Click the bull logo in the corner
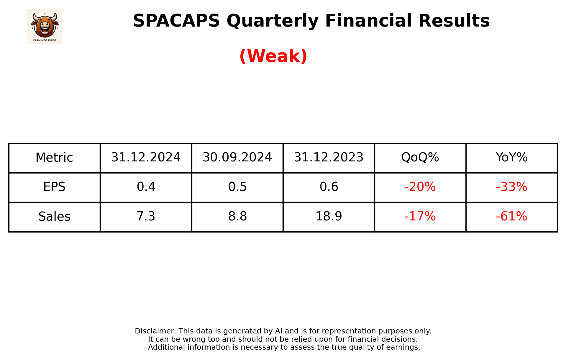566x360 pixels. point(44,26)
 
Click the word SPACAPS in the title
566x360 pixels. point(176,21)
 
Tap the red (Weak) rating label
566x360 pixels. point(273,56)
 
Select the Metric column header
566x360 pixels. point(54,158)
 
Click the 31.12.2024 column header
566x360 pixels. point(146,158)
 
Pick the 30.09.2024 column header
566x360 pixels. point(237,158)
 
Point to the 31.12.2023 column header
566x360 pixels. point(329,158)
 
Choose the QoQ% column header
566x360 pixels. point(420,158)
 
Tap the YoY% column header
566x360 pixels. point(511,158)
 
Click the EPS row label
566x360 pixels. point(54,187)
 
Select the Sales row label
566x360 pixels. point(54,217)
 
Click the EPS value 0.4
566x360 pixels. point(146,187)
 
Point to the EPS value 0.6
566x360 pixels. point(329,187)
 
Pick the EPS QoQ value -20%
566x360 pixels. point(420,187)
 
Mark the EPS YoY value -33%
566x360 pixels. point(511,187)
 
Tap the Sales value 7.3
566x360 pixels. point(146,217)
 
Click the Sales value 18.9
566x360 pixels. point(329,217)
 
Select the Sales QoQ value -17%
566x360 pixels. point(420,217)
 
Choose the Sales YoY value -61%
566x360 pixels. point(511,217)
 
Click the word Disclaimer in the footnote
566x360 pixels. point(155,331)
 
